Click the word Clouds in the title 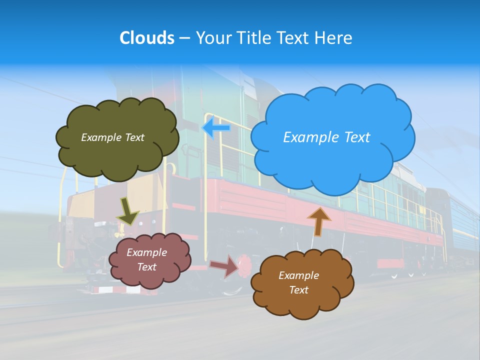click(146, 38)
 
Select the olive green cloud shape click(117, 155)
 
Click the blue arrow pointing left click(216, 128)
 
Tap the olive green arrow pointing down click(127, 210)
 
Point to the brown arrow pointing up click(318, 221)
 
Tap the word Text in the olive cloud click(134, 137)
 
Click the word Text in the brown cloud click(298, 290)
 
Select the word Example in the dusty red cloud click(147, 252)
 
